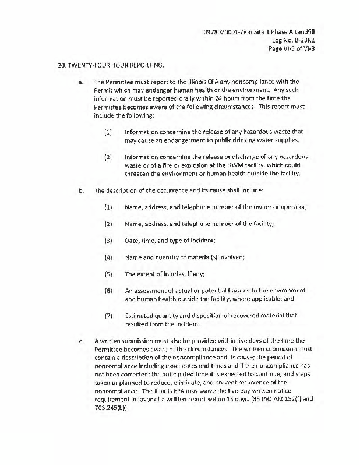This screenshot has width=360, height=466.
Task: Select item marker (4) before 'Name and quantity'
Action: [108, 256]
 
